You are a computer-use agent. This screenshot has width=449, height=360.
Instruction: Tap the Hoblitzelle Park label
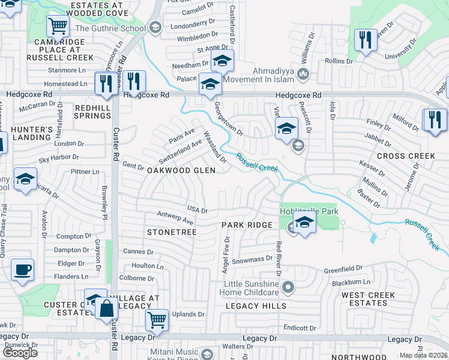309,211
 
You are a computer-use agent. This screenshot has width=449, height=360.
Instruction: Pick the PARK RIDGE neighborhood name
247,225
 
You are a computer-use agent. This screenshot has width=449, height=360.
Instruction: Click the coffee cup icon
23,270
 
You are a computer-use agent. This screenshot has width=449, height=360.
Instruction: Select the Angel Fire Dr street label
227,254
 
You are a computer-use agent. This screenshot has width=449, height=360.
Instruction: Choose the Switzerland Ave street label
180,153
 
